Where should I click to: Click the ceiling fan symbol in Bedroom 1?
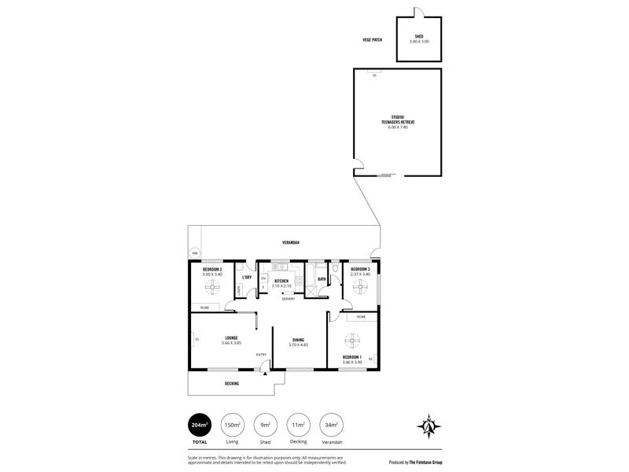coord(351,341)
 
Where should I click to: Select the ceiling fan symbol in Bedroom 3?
coord(360,287)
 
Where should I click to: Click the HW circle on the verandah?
coord(195,253)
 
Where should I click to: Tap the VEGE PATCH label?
coord(373,38)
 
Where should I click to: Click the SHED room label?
coord(418,36)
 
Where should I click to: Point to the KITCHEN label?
coord(281,281)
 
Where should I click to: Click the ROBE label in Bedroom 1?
coord(361,317)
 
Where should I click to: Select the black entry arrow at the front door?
coord(266,374)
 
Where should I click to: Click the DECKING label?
coord(231,383)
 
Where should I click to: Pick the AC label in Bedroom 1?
coord(370,358)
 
